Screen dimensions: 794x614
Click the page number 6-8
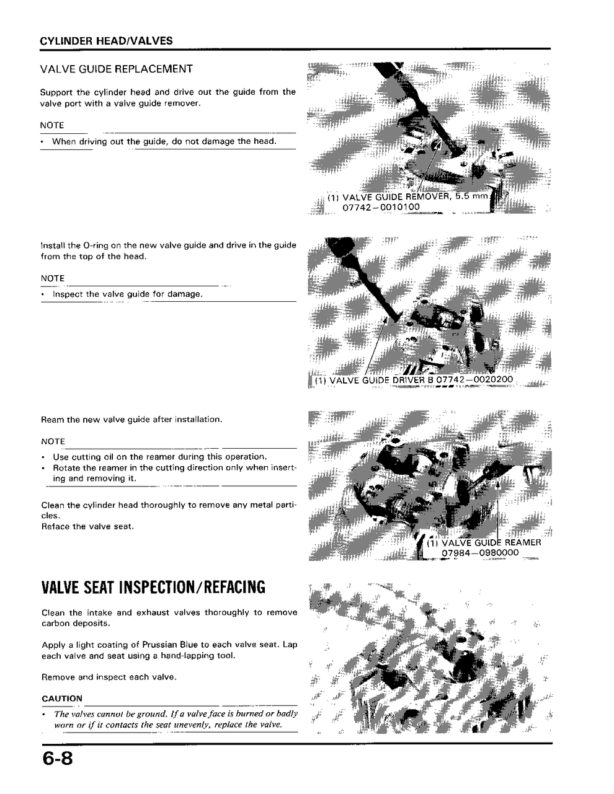56,759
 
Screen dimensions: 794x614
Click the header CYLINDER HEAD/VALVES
106,41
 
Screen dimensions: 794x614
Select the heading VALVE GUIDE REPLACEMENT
116,69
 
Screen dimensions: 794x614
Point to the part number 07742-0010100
381,207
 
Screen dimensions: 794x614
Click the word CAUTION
61,699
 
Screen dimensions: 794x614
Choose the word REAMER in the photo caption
523,543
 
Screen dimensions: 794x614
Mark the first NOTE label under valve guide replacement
52,125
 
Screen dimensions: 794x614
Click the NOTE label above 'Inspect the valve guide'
53,278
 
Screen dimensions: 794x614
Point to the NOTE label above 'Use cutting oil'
53,441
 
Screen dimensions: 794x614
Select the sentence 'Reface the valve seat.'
87,526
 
